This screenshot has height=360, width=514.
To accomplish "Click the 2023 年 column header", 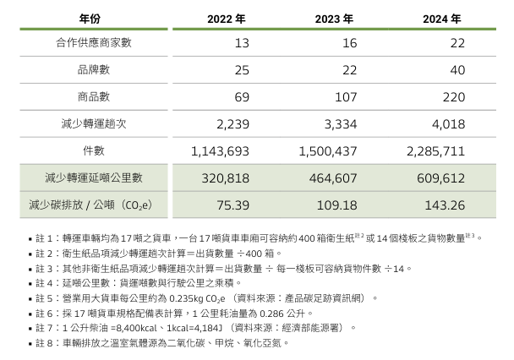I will click(x=333, y=18).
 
